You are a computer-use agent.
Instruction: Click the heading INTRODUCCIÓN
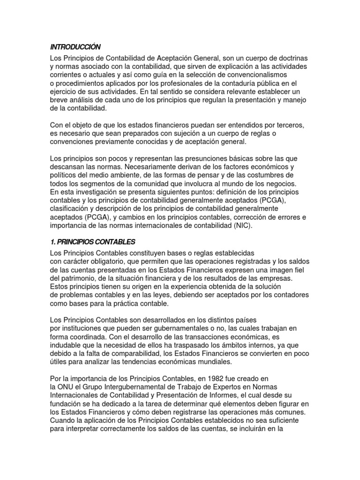click(75, 47)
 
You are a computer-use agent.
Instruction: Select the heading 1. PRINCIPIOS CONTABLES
click(92, 242)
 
